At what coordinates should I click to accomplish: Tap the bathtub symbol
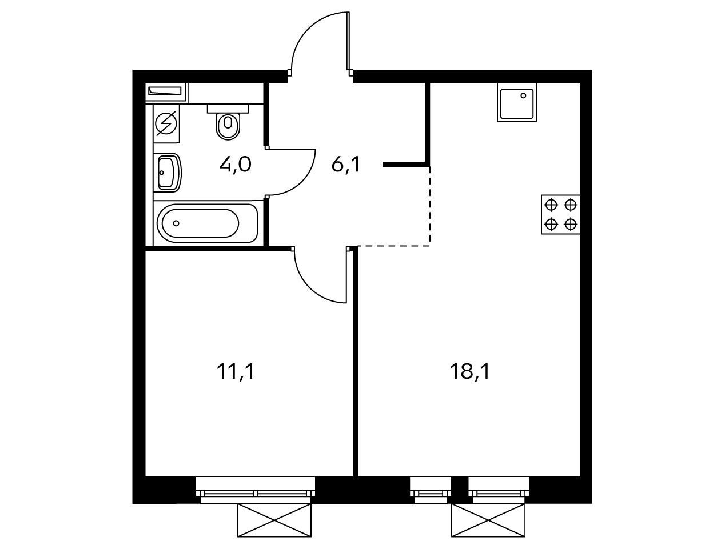click(x=207, y=223)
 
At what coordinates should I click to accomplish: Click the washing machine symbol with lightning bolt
click(x=166, y=123)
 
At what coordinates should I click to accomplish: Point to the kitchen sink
click(x=516, y=102)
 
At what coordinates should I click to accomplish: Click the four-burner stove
click(x=560, y=214)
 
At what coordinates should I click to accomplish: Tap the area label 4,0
click(x=236, y=165)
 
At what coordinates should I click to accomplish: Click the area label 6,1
click(x=345, y=165)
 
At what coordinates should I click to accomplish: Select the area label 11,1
click(x=236, y=372)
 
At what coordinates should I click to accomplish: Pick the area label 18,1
click(x=469, y=372)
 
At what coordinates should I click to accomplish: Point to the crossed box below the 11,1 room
click(x=274, y=520)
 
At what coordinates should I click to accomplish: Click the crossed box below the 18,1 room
click(x=488, y=520)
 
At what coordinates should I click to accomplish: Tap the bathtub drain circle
click(x=176, y=223)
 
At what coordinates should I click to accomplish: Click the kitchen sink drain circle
click(x=523, y=95)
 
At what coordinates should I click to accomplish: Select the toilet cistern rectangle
click(x=228, y=109)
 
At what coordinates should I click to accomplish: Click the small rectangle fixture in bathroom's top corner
click(x=166, y=91)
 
